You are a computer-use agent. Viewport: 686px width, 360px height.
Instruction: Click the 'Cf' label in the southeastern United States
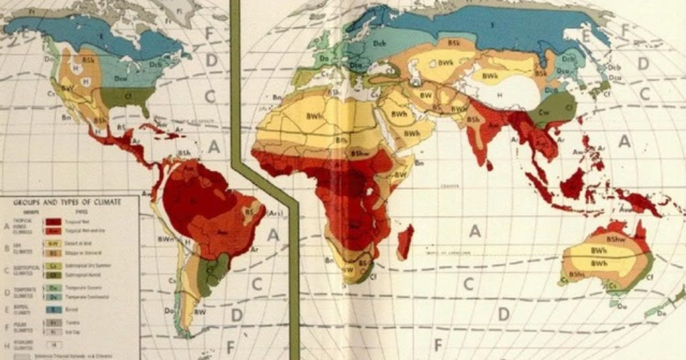click(x=125, y=95)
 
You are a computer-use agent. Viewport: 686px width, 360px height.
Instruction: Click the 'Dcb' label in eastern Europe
click(x=380, y=44)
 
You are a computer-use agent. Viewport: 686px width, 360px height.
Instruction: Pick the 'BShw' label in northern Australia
click(x=614, y=239)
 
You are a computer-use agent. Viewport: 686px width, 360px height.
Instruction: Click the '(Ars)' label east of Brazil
click(x=275, y=213)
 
